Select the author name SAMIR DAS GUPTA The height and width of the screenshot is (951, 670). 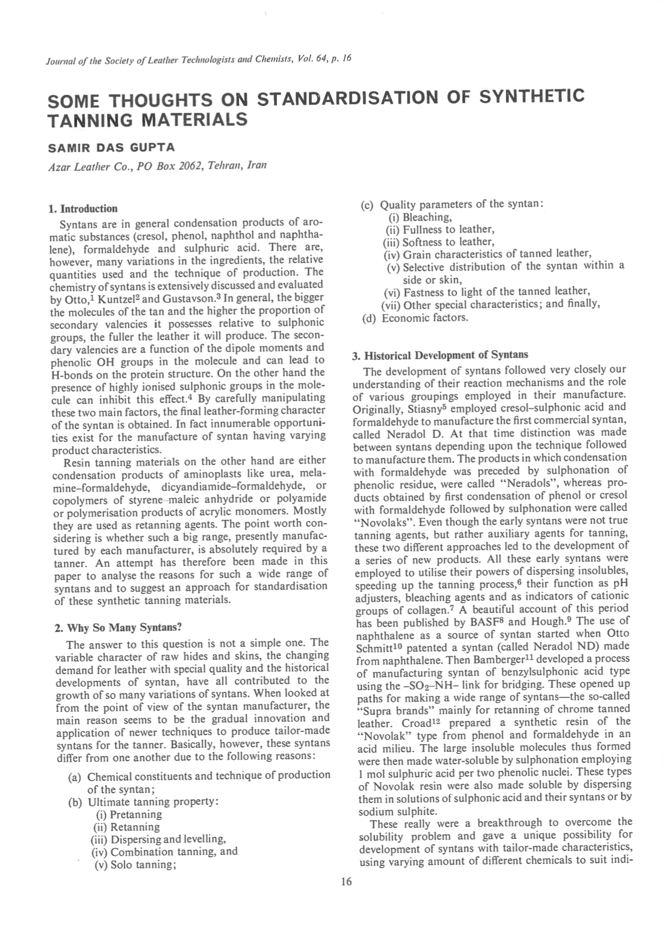[x=111, y=148]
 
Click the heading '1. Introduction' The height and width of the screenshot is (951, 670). [x=83, y=209]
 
